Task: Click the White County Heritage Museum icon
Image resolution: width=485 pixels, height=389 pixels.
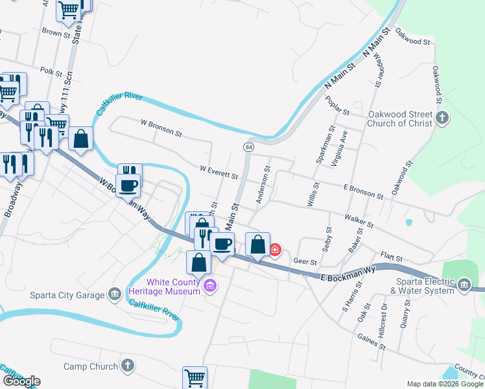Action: click(209, 286)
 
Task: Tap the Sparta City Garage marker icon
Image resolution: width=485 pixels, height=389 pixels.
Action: click(115, 294)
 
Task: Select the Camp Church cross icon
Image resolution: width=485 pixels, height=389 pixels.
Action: click(128, 366)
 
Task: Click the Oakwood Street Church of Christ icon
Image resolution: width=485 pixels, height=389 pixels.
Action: click(443, 118)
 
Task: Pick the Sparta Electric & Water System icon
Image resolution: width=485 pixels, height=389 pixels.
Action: click(464, 285)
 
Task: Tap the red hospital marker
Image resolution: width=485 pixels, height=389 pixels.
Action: click(275, 249)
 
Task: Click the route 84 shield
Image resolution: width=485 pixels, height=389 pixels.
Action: click(249, 148)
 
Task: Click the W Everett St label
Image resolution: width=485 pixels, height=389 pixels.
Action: click(219, 172)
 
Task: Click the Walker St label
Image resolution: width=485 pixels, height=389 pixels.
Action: click(359, 220)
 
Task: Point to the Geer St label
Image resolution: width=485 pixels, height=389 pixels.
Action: click(305, 262)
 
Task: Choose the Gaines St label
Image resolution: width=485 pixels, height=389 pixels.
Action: click(372, 342)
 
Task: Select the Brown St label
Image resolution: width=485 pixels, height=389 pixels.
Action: click(56, 31)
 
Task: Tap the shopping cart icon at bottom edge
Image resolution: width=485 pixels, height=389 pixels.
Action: click(195, 377)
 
